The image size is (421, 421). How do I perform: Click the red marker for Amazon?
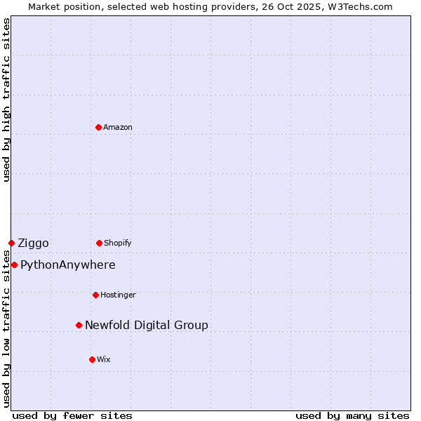(98, 127)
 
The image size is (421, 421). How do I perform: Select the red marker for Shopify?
(99, 243)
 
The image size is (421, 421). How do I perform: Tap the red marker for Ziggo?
(11, 243)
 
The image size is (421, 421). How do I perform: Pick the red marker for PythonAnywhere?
(14, 265)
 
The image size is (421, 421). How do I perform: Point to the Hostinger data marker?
(95, 295)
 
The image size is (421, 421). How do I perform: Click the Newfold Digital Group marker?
(79, 325)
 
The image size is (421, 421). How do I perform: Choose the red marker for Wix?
(92, 359)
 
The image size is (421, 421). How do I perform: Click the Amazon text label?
(118, 127)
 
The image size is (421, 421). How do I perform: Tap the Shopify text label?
(118, 243)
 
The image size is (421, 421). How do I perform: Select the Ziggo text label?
(33, 243)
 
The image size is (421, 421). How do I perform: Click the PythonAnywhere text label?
(68, 265)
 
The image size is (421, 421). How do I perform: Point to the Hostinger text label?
(118, 295)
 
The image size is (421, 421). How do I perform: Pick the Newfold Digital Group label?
(147, 325)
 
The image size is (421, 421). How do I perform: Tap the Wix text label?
(104, 359)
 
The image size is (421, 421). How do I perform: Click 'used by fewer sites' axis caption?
(72, 415)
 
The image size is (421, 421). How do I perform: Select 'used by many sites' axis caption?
(352, 415)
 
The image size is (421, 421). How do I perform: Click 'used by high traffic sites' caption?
(6, 100)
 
